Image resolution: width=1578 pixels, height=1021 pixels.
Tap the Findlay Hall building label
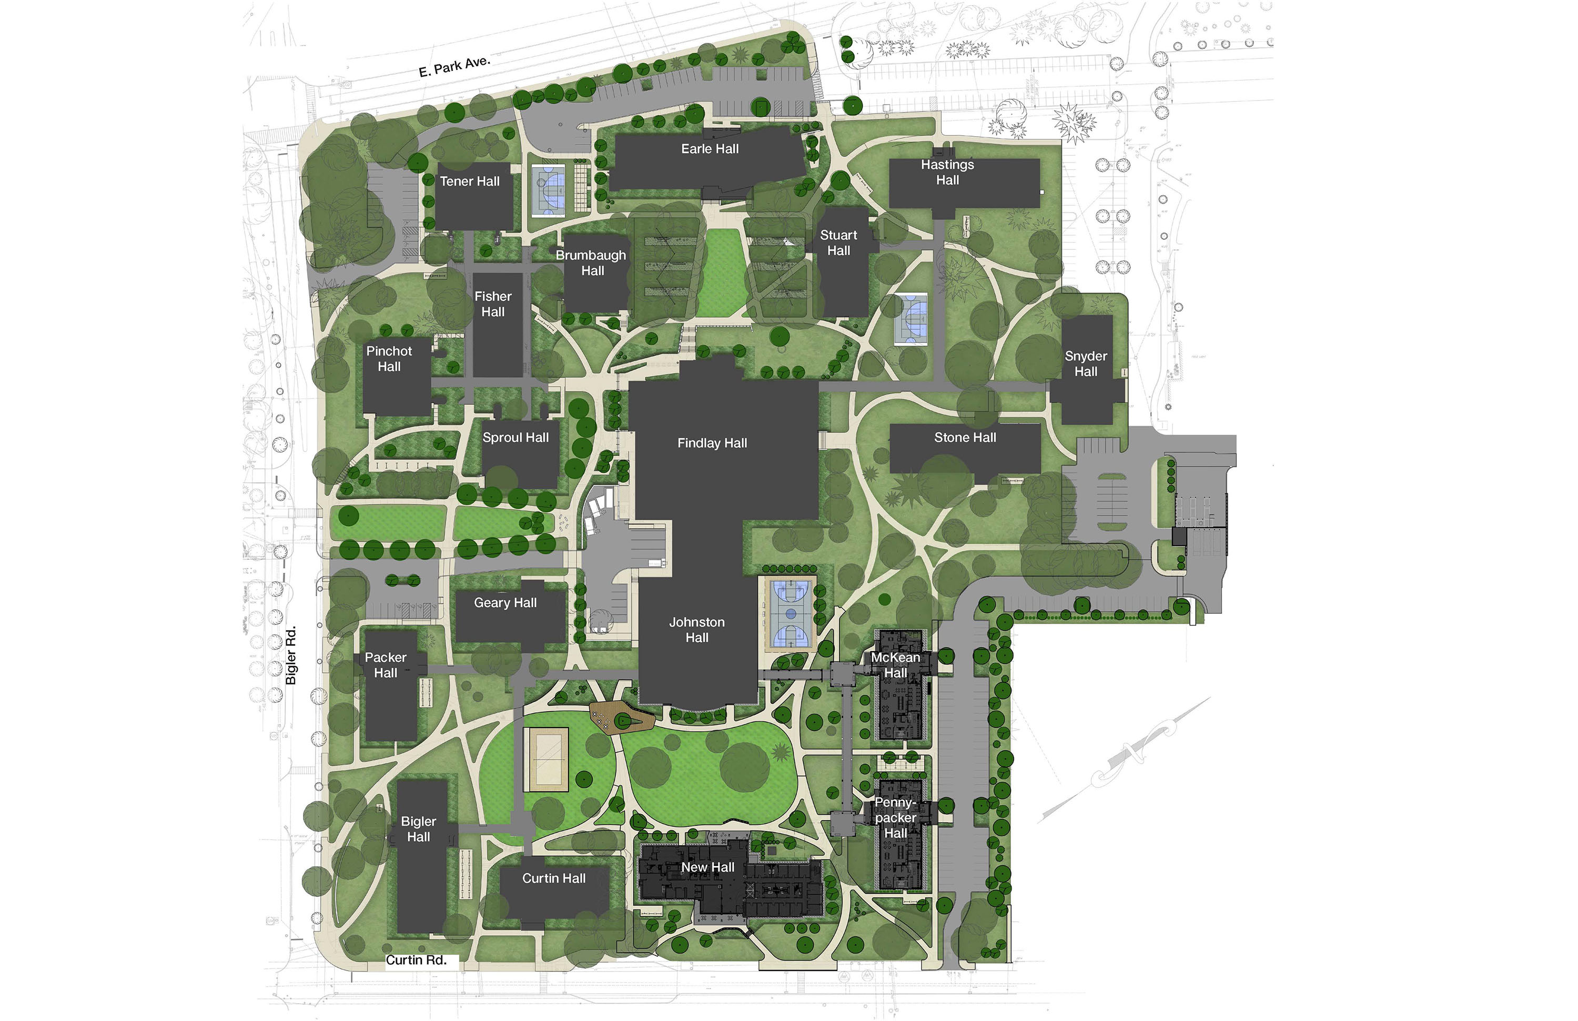712,443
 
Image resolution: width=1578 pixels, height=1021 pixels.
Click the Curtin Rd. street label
417,959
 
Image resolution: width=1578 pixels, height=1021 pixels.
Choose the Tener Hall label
469,181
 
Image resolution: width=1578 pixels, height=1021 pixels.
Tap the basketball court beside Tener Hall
548,191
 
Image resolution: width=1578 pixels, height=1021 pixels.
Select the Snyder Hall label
1085,363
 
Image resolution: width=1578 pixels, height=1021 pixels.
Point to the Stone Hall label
965,438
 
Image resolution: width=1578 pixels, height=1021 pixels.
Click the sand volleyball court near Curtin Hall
545,759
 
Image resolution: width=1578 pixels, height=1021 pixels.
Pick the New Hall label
707,867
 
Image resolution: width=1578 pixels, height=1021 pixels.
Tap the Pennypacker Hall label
895,817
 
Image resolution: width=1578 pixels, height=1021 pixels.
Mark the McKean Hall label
895,665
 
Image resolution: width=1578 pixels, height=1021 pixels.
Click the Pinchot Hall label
389,359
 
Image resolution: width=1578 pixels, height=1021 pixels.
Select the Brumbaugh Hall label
591,262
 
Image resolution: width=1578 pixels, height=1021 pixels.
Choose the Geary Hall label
505,603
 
